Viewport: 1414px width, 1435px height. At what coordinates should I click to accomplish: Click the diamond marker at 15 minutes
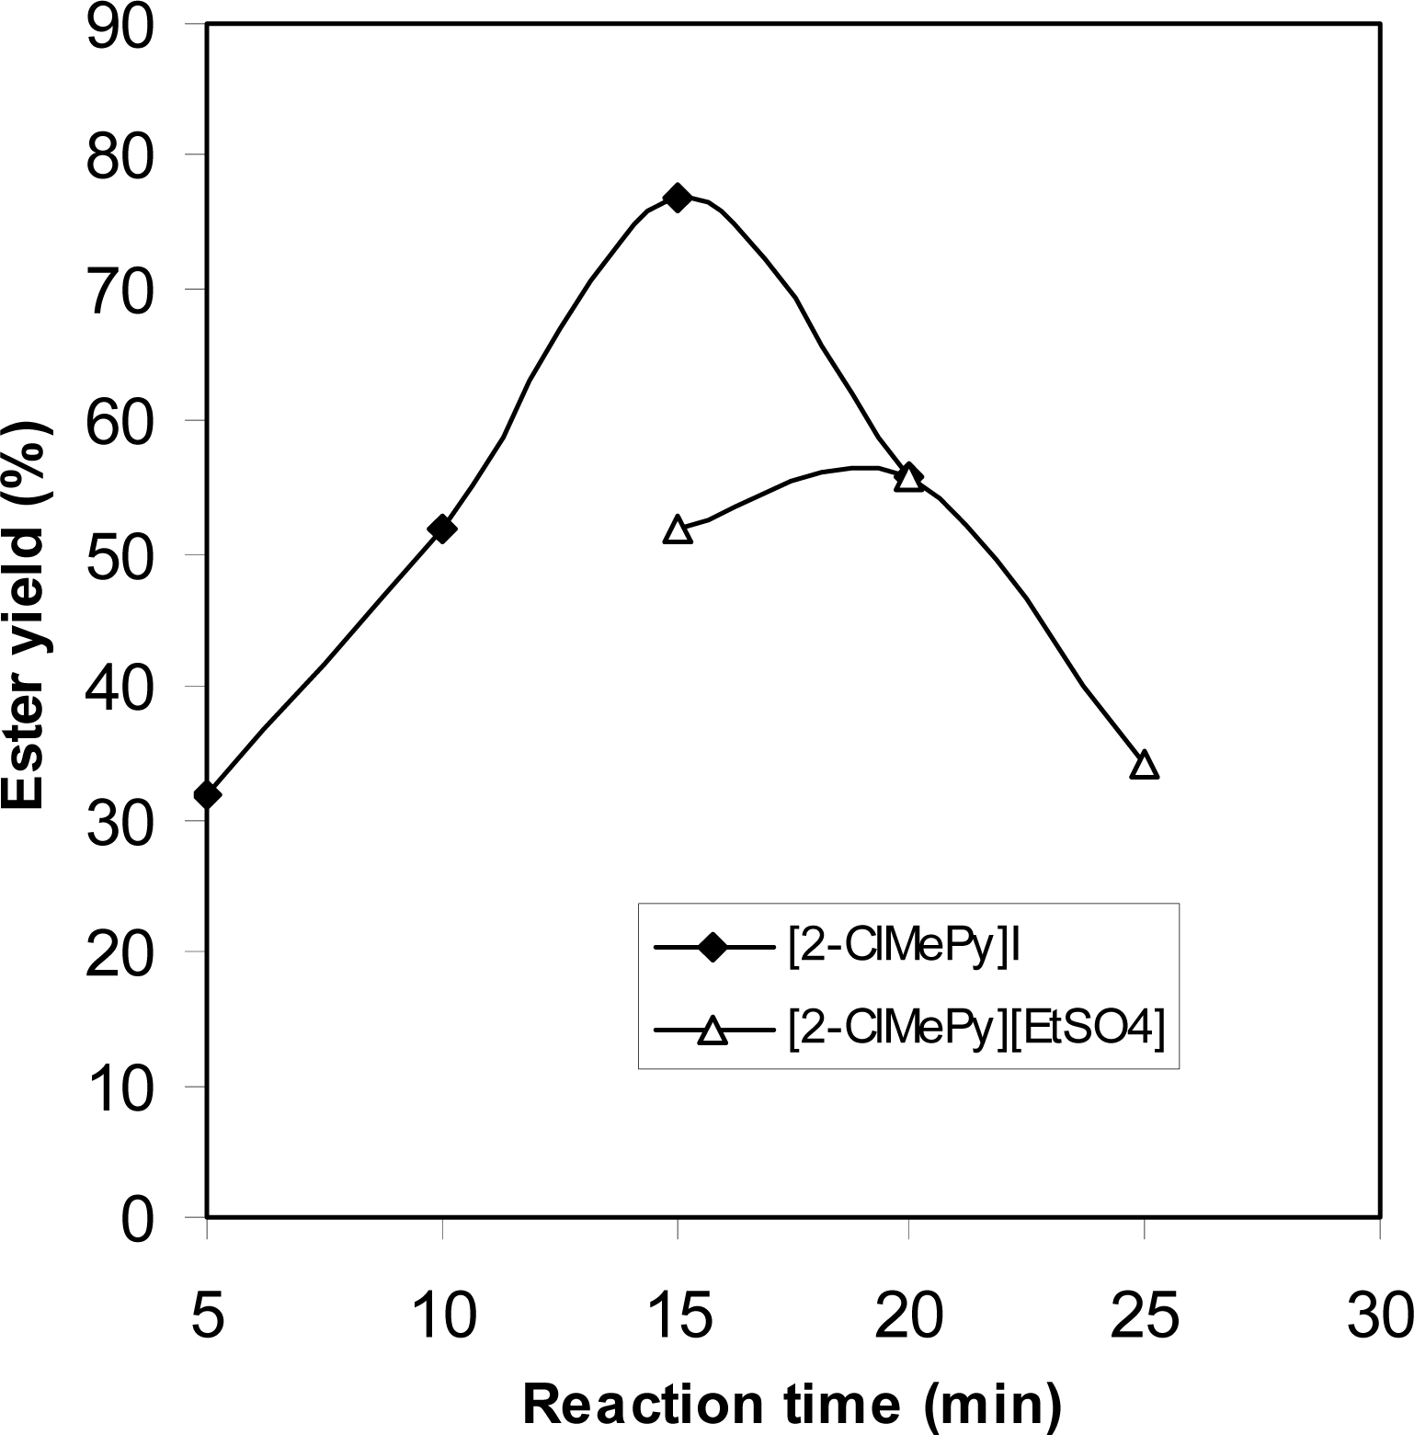pyautogui.click(x=678, y=198)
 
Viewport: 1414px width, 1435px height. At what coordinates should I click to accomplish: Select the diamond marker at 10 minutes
pyautogui.click(x=442, y=529)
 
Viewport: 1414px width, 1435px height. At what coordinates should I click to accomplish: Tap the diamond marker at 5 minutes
pyautogui.click(x=208, y=793)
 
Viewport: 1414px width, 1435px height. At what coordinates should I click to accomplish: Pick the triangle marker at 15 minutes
pyautogui.click(x=678, y=530)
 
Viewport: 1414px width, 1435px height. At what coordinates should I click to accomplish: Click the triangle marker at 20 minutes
pyautogui.click(x=908, y=477)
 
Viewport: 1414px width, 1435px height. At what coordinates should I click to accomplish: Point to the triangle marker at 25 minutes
pyautogui.click(x=1144, y=765)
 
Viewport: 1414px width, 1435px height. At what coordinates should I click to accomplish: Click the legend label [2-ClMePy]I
pyautogui.click(x=906, y=949)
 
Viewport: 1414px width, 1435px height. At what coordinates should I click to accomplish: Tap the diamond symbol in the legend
pyautogui.click(x=713, y=947)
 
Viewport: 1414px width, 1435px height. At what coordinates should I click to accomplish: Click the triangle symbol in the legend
pyautogui.click(x=713, y=1031)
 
